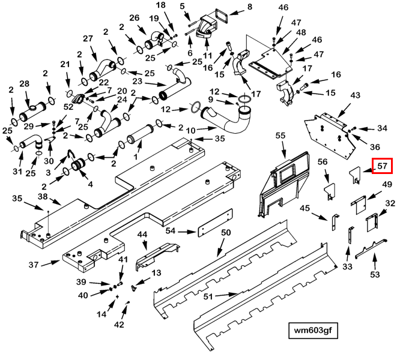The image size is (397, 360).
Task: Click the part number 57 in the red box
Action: [x=382, y=166]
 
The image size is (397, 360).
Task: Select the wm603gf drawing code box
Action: [x=313, y=330]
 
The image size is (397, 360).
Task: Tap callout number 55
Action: [x=280, y=136]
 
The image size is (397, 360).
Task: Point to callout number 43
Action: [x=355, y=95]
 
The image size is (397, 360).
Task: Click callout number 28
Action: [x=24, y=83]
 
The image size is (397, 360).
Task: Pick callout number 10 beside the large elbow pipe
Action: [x=191, y=131]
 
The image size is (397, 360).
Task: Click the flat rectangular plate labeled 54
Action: [x=215, y=223]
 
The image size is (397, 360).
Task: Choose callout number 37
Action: [x=34, y=265]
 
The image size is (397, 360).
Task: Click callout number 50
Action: [x=226, y=232]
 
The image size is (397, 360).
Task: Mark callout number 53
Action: [x=375, y=274]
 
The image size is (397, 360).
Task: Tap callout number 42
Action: [x=119, y=324]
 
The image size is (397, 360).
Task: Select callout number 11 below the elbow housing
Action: [x=208, y=55]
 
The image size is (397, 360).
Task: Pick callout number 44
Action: [x=142, y=235]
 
